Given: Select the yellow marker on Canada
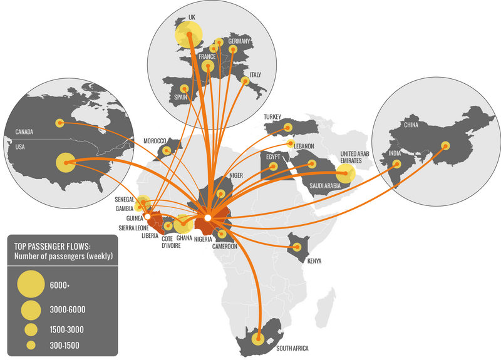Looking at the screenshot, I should tap(59, 123).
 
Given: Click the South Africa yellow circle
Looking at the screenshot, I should tap(257, 340).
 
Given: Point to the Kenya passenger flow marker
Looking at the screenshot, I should tap(297, 248).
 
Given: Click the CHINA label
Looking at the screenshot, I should tap(411, 125).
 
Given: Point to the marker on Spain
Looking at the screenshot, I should tap(184, 89).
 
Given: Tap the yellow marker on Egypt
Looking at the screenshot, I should tap(273, 167).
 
